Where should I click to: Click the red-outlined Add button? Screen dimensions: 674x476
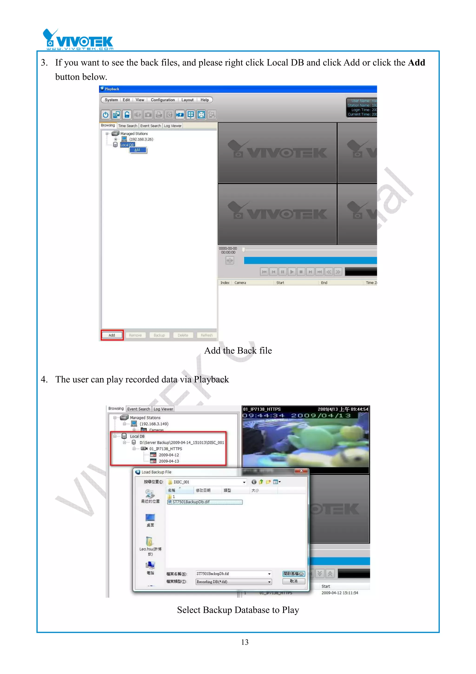point(112,335)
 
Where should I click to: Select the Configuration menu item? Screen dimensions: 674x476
point(162,100)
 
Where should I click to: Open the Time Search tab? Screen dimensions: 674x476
point(128,126)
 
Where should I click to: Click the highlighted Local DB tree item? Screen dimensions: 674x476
point(127,145)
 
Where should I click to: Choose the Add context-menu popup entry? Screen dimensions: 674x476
point(138,150)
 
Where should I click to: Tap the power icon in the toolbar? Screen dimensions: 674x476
point(106,114)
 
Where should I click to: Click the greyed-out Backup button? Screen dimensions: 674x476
point(159,335)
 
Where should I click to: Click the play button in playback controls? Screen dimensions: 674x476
point(291,272)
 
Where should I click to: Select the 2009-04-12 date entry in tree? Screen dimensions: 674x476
point(169,455)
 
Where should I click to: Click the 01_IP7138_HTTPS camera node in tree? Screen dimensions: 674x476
point(165,449)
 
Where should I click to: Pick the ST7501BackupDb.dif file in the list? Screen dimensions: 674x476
point(191,502)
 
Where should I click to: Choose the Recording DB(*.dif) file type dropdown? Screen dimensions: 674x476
point(233,582)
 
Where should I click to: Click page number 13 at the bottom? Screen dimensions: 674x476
point(245,642)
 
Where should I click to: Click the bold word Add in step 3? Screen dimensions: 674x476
point(416,63)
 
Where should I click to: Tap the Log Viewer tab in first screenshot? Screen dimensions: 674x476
point(173,126)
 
